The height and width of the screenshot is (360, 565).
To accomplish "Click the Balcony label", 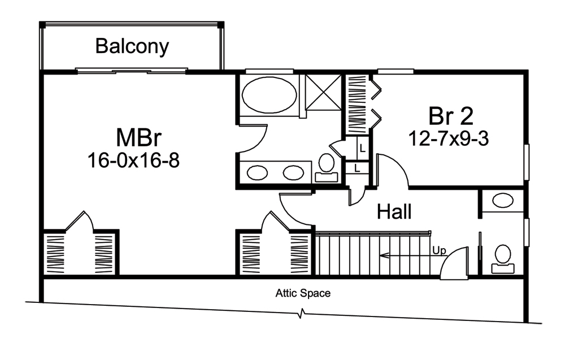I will (x=132, y=46).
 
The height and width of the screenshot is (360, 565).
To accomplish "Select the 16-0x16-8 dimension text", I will (x=133, y=161).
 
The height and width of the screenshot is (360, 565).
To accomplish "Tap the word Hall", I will (x=394, y=212).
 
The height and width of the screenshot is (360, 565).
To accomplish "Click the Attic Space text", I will (x=303, y=293).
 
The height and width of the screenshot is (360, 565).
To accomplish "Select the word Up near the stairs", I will (x=439, y=249).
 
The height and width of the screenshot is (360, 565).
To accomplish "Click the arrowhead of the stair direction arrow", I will (x=383, y=255).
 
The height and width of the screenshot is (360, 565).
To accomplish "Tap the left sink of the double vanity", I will (x=258, y=172).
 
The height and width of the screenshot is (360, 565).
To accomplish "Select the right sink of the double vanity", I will (x=293, y=172).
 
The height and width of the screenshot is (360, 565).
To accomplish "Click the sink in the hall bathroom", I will (x=502, y=200).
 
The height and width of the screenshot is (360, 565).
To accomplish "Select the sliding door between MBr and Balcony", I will (x=132, y=71).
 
